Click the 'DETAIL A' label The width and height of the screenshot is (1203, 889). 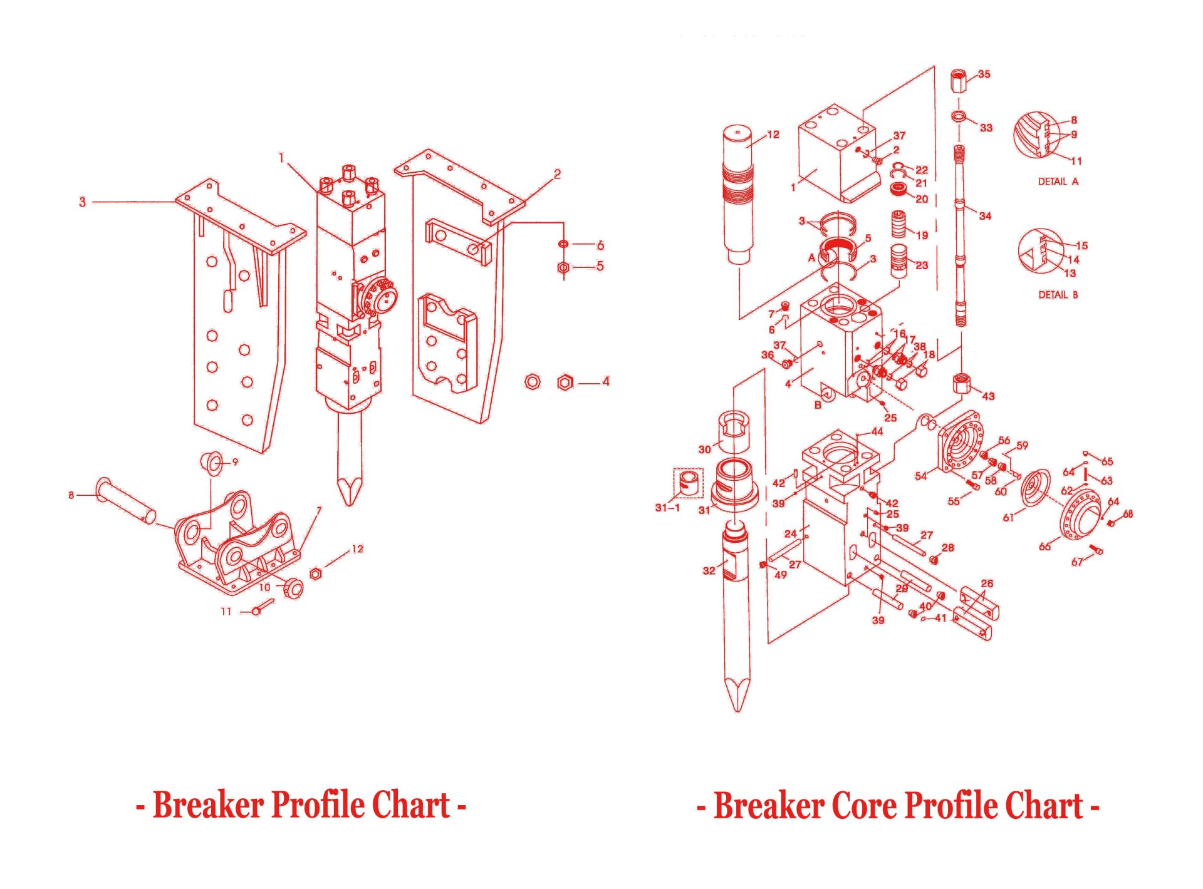[1058, 182]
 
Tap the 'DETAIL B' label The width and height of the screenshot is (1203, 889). [1058, 294]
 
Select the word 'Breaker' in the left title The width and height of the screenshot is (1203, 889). [208, 805]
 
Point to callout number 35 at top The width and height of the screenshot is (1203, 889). [984, 74]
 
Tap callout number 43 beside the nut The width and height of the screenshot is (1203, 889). [988, 396]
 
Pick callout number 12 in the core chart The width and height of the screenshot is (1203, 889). [773, 135]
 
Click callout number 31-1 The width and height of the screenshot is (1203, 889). [667, 507]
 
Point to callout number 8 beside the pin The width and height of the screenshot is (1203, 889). [71, 495]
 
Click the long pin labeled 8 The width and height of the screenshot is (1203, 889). [125, 499]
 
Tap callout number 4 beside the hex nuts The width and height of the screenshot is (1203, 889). [605, 381]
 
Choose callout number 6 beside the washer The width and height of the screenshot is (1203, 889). [600, 245]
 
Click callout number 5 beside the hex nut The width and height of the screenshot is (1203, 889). [600, 266]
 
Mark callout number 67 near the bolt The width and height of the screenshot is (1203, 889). [1076, 562]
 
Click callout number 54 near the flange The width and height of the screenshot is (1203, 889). [920, 476]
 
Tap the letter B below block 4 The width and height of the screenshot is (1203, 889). [817, 405]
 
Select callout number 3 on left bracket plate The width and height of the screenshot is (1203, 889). [82, 202]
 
